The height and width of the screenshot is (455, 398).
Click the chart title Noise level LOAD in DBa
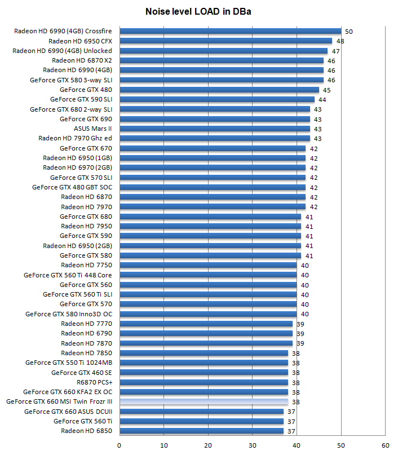pos(198,11)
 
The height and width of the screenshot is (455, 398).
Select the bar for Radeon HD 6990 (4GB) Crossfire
pos(230,31)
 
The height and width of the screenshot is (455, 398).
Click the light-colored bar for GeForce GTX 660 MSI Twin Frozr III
pos(204,402)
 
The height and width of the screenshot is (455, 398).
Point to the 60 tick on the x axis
pos(385,445)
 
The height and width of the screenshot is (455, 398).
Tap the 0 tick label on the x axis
pos(119,445)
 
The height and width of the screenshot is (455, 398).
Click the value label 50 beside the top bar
pos(348,32)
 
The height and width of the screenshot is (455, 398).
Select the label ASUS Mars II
pos(93,129)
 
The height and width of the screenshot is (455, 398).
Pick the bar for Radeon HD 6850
pos(201,431)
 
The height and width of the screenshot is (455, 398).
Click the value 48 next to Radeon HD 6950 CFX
pos(340,41)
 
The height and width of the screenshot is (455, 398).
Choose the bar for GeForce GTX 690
pos(215,119)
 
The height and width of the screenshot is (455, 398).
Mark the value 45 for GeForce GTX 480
pos(326,90)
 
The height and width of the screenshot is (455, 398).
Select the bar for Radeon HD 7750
pos(208,265)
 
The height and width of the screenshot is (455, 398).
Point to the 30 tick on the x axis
pos(252,445)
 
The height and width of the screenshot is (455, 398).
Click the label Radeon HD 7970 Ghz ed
pos(76,138)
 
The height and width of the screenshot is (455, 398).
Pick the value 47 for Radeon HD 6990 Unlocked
pos(335,51)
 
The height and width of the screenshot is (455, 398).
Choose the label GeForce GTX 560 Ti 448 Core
pos(68,275)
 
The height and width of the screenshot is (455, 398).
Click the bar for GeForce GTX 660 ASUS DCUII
pos(201,412)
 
